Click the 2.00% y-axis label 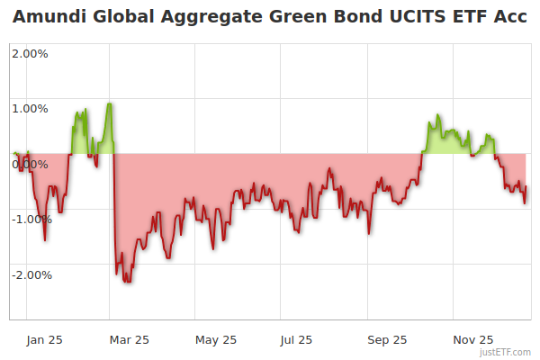30,54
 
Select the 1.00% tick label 30,109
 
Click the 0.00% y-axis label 30,164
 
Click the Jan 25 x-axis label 44,339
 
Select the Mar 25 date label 130,339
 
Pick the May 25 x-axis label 216,339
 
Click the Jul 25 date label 297,339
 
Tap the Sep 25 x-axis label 388,339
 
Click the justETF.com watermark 505,352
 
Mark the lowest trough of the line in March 127,282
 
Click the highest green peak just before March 109,103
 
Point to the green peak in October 437,115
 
